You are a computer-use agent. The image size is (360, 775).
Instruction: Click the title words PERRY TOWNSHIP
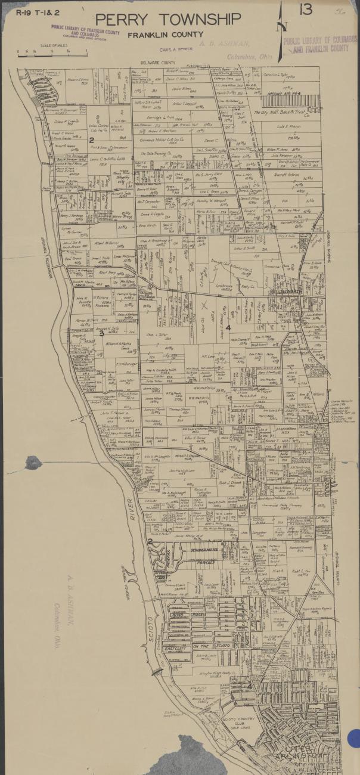coord(169,19)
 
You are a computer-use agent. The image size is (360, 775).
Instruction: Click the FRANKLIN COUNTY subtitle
coord(165,35)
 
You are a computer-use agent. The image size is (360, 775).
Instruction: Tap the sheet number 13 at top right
coord(306,10)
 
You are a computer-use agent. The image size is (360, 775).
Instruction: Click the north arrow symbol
coord(284,24)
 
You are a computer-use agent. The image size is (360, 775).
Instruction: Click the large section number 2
coord(91,140)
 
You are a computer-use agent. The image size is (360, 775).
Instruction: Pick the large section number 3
coord(101,350)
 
